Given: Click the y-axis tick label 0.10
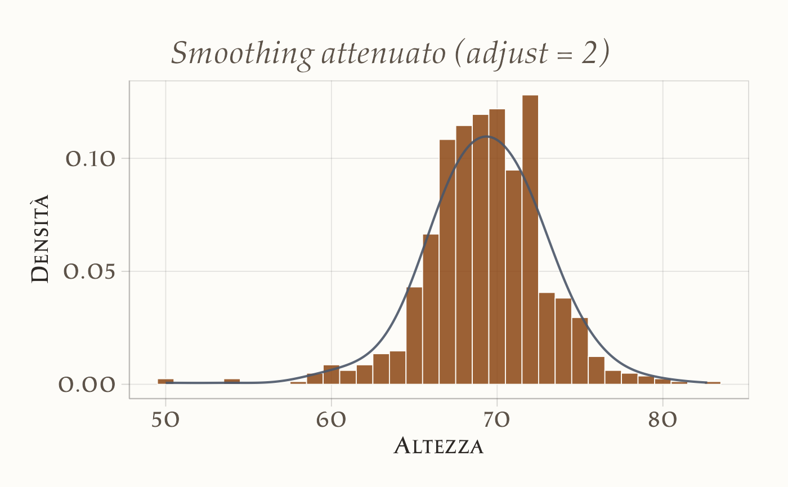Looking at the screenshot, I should (x=90, y=159).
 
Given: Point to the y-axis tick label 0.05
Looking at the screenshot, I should (x=90, y=272).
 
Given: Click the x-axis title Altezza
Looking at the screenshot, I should (x=438, y=446).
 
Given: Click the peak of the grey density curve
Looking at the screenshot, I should (x=487, y=136).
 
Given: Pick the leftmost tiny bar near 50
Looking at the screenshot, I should (x=165, y=381).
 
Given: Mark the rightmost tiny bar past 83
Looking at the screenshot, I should (x=713, y=383).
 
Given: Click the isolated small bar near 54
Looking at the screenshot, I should (x=232, y=381).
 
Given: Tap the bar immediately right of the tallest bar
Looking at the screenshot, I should (x=547, y=338).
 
